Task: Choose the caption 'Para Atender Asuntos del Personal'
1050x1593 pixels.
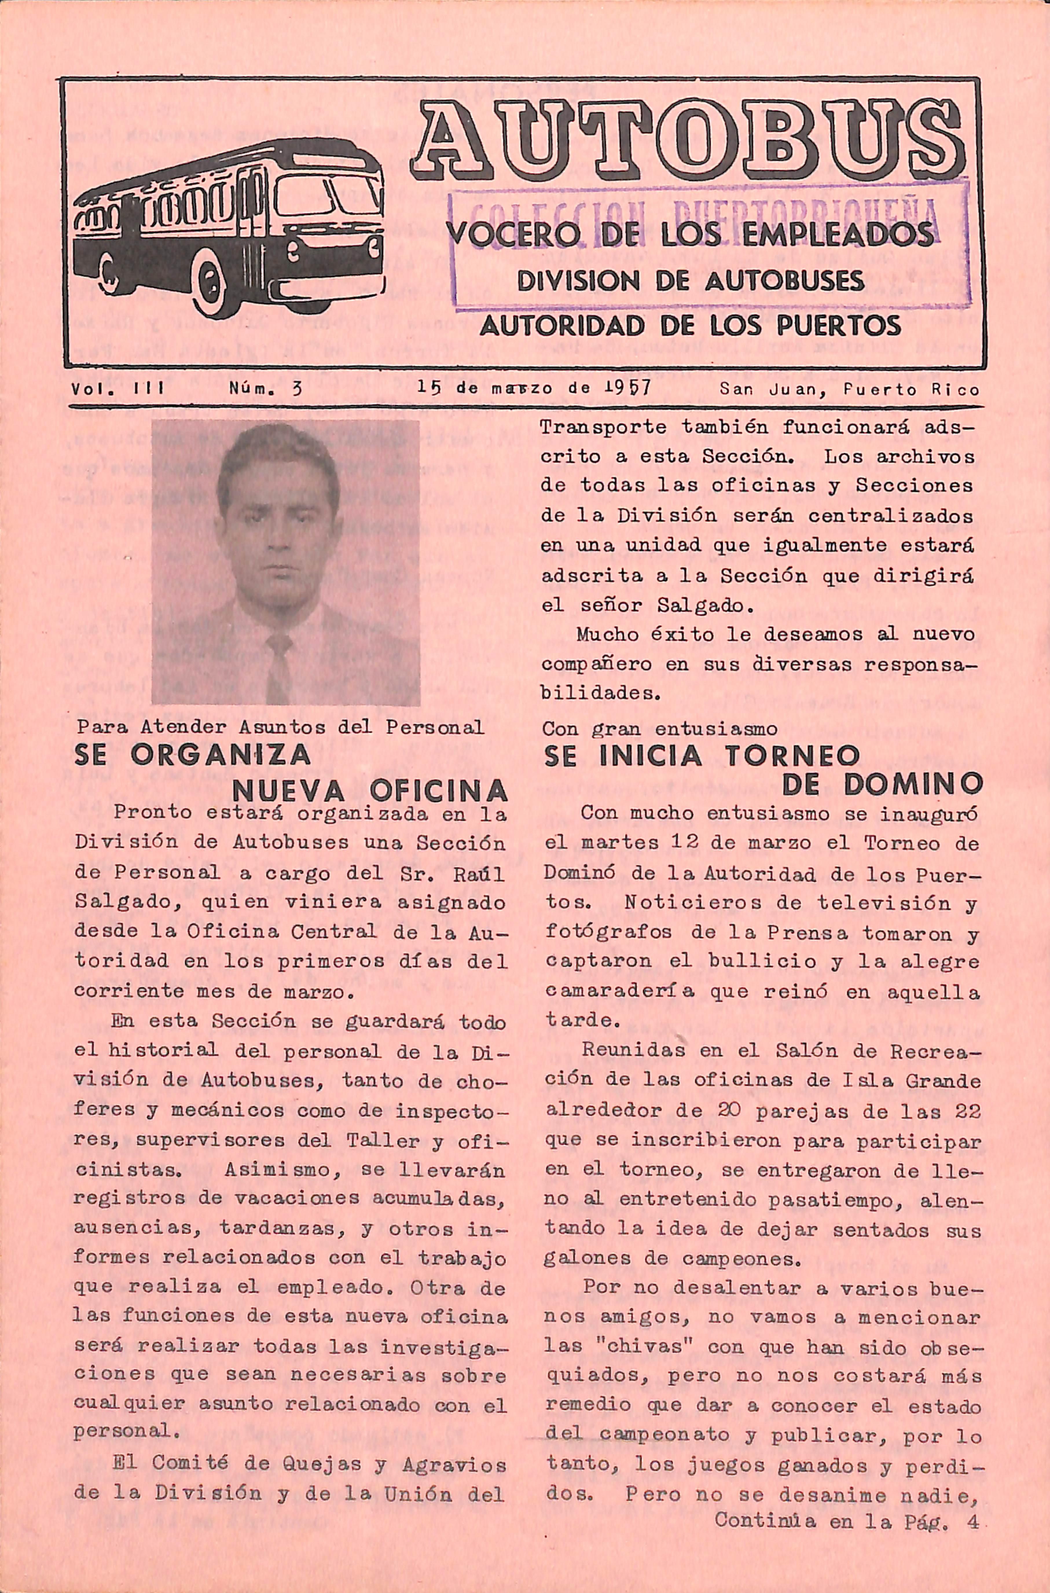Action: (279, 728)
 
